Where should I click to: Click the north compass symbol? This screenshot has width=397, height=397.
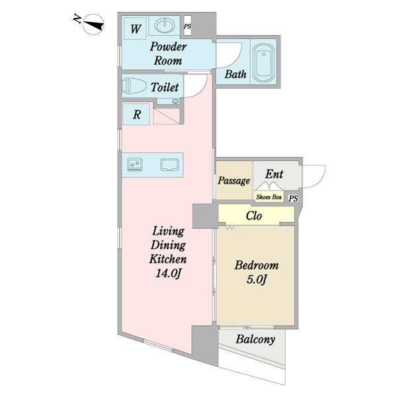click(x=93, y=24)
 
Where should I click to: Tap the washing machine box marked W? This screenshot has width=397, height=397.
click(x=135, y=28)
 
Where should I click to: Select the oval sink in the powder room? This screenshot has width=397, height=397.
click(x=165, y=26)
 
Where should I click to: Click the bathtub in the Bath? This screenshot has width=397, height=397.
click(x=263, y=62)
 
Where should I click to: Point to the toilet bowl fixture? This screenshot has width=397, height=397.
click(x=134, y=86)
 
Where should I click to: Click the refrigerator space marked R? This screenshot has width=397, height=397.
click(x=136, y=114)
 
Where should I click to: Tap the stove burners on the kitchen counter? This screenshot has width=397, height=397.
click(x=135, y=164)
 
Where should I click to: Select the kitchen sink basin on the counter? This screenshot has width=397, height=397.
click(x=169, y=165)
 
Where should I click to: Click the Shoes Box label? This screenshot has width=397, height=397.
click(x=269, y=197)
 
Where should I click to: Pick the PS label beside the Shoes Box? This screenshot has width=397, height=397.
click(x=293, y=198)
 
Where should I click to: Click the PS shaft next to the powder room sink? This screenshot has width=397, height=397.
click(x=187, y=26)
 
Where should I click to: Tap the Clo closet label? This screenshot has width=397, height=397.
click(x=253, y=216)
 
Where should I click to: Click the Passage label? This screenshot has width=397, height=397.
click(x=234, y=181)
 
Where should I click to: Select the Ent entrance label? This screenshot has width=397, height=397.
click(x=274, y=174)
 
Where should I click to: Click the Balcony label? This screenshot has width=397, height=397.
click(x=255, y=339)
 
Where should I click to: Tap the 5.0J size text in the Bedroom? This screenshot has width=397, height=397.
click(x=257, y=280)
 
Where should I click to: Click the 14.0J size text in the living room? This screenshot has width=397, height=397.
click(x=168, y=273)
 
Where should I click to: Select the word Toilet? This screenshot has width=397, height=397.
click(x=165, y=87)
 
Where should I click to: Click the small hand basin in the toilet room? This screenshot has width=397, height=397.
click(x=175, y=101)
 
